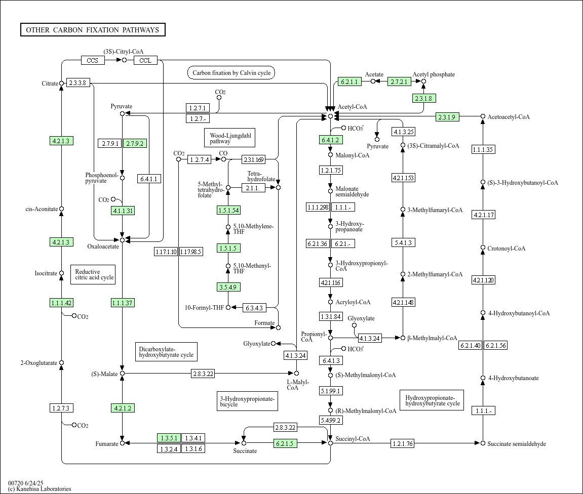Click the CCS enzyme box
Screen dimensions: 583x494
pyautogui.click(x=93, y=60)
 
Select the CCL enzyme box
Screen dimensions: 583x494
pyautogui.click(x=145, y=60)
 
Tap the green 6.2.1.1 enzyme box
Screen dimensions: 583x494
pyautogui.click(x=349, y=81)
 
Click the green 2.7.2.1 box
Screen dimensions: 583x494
pyautogui.click(x=399, y=81)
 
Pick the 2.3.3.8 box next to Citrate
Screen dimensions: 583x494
pyautogui.click(x=77, y=83)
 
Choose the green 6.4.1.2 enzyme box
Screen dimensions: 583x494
pyautogui.click(x=331, y=140)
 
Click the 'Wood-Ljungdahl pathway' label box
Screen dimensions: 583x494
pyautogui.click(x=230, y=138)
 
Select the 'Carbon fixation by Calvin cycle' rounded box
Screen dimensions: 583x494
pyautogui.click(x=231, y=73)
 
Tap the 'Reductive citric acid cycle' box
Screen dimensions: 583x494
pyautogui.click(x=93, y=274)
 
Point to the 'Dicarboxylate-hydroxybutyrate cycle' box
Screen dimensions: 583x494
pyautogui.click(x=166, y=352)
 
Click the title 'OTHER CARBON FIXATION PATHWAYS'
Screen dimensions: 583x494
pyautogui.click(x=93, y=30)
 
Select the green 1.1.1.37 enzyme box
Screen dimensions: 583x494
pyautogui.click(x=123, y=303)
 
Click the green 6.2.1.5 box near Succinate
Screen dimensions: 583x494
pyautogui.click(x=285, y=443)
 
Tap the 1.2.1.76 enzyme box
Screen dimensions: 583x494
pyautogui.click(x=403, y=443)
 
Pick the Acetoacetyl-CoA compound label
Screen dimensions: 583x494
pyautogui.click(x=509, y=116)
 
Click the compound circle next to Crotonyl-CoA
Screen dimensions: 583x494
pyautogui.click(x=483, y=248)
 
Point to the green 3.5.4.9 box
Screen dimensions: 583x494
pyautogui.click(x=228, y=287)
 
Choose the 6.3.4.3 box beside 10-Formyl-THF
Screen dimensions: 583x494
pyautogui.click(x=254, y=308)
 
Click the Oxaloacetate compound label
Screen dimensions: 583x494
pyautogui.click(x=103, y=246)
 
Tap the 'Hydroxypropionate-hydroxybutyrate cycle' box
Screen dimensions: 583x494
pyautogui.click(x=432, y=400)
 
